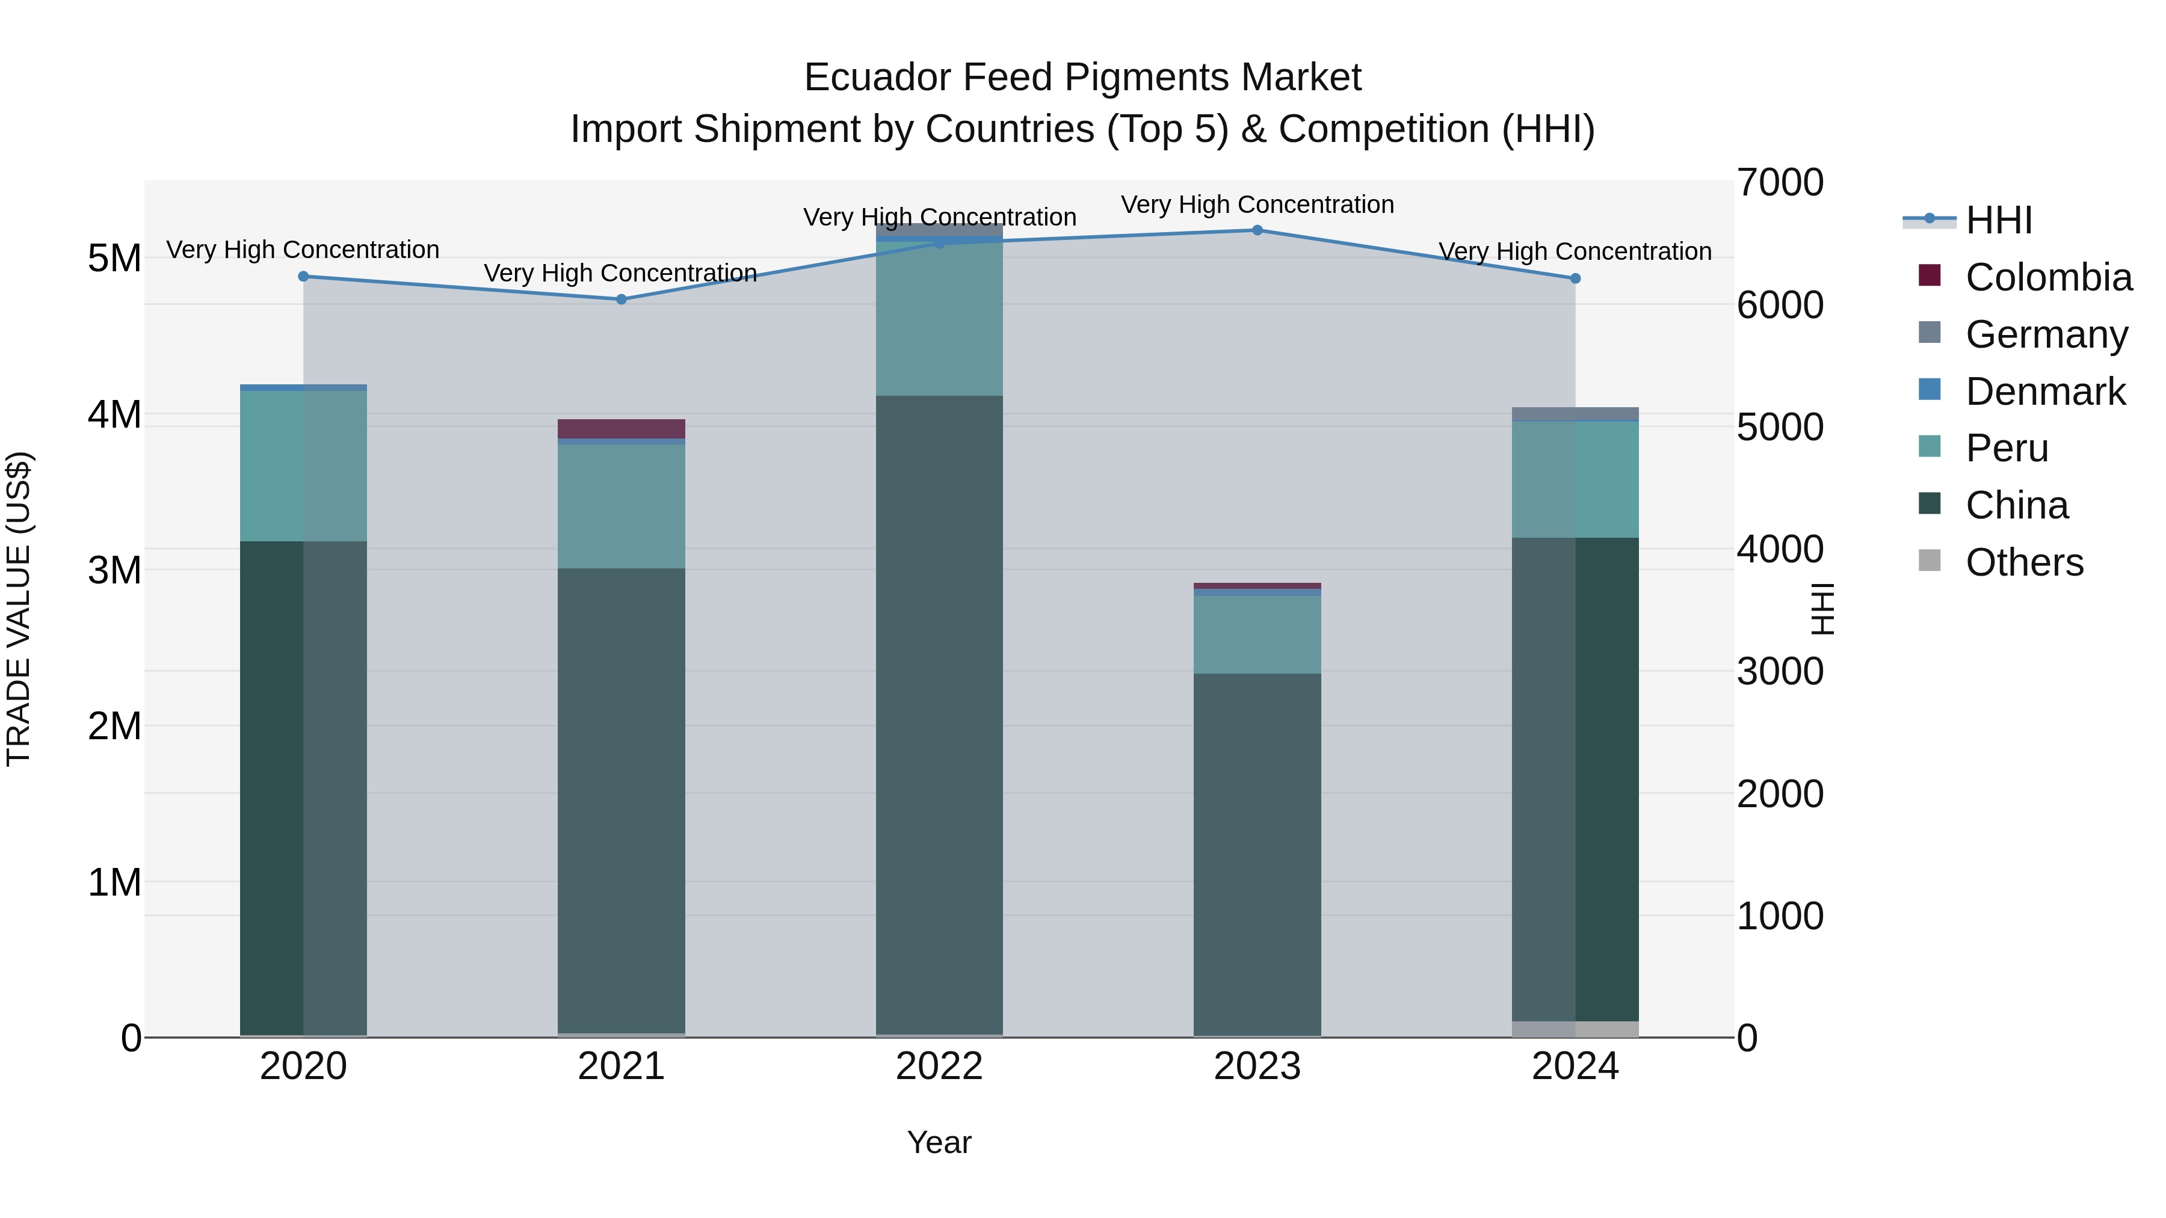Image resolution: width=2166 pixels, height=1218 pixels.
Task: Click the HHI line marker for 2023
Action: tap(1257, 230)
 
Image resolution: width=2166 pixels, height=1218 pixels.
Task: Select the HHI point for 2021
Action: tap(622, 300)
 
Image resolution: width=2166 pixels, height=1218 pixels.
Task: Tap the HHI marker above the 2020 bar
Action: tap(304, 277)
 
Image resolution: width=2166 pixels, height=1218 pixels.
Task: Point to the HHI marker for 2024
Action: tap(1575, 278)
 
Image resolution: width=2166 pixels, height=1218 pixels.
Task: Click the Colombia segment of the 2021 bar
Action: tap(622, 429)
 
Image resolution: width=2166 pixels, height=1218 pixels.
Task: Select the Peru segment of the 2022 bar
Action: tap(939, 319)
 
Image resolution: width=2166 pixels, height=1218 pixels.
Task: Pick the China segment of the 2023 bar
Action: tap(1257, 853)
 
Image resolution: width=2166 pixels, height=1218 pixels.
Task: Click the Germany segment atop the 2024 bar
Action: tap(1575, 414)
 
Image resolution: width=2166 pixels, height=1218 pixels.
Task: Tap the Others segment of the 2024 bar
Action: tap(1575, 1029)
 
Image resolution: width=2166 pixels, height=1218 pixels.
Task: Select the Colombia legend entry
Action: tap(2047, 277)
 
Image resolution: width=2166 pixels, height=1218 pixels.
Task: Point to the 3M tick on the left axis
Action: tap(114, 571)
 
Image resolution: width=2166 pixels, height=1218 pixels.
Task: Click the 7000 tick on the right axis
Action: tap(1780, 183)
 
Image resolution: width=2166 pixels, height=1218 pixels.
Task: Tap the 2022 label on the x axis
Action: tap(939, 1066)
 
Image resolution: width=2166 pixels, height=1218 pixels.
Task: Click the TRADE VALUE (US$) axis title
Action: tap(19, 609)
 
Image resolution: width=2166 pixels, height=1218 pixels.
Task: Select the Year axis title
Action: tap(939, 1142)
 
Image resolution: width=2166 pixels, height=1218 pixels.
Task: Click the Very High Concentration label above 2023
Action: tap(1257, 205)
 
